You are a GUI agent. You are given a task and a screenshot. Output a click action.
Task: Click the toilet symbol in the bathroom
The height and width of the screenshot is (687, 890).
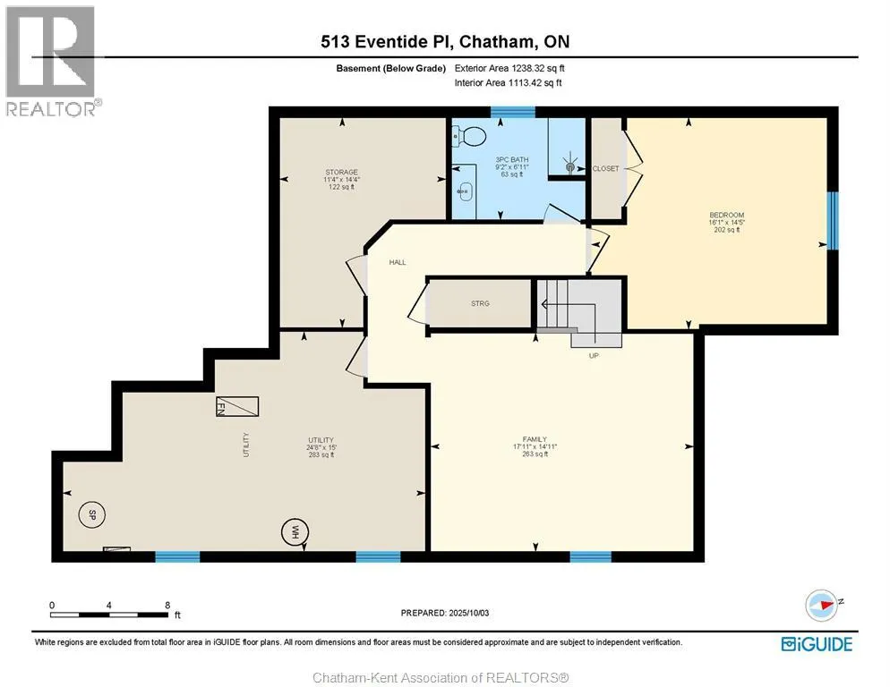point(469,136)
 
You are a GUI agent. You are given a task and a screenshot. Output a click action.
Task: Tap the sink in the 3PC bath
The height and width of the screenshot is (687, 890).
point(465,191)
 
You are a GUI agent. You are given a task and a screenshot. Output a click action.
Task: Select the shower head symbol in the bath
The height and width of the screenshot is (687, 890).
point(570,166)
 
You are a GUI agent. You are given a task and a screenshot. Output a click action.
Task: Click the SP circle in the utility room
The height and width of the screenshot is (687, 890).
point(91,515)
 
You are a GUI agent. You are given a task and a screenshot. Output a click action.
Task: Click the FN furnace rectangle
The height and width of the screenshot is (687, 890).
point(237,406)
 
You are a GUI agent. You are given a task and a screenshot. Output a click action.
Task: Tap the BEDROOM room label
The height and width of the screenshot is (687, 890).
point(726,215)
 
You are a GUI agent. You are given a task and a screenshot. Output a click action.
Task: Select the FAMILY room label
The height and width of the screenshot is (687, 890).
point(535,439)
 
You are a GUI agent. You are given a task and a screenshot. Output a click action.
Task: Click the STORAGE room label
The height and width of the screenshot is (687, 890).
point(342,172)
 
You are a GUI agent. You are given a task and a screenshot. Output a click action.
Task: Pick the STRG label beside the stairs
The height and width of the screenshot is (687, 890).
point(480,303)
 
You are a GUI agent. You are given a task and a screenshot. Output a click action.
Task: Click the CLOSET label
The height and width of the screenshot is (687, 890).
point(605,168)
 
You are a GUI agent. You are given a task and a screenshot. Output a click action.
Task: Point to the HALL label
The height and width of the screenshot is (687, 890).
point(398,262)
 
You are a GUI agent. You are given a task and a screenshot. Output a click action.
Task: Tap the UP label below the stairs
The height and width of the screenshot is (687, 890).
point(594,356)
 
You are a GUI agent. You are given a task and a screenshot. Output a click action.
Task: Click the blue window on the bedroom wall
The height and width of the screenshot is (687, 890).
point(832,221)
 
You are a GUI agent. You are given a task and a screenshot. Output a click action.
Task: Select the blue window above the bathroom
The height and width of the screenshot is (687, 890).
point(512,112)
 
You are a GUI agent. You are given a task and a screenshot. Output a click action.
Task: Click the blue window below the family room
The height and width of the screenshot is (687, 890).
point(590,556)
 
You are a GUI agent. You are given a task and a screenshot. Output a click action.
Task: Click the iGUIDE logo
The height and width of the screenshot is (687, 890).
point(817,644)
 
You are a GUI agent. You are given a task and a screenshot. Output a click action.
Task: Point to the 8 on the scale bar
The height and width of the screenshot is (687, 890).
point(167,605)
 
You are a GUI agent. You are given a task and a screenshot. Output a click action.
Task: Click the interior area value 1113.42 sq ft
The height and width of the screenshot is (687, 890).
point(535,83)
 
